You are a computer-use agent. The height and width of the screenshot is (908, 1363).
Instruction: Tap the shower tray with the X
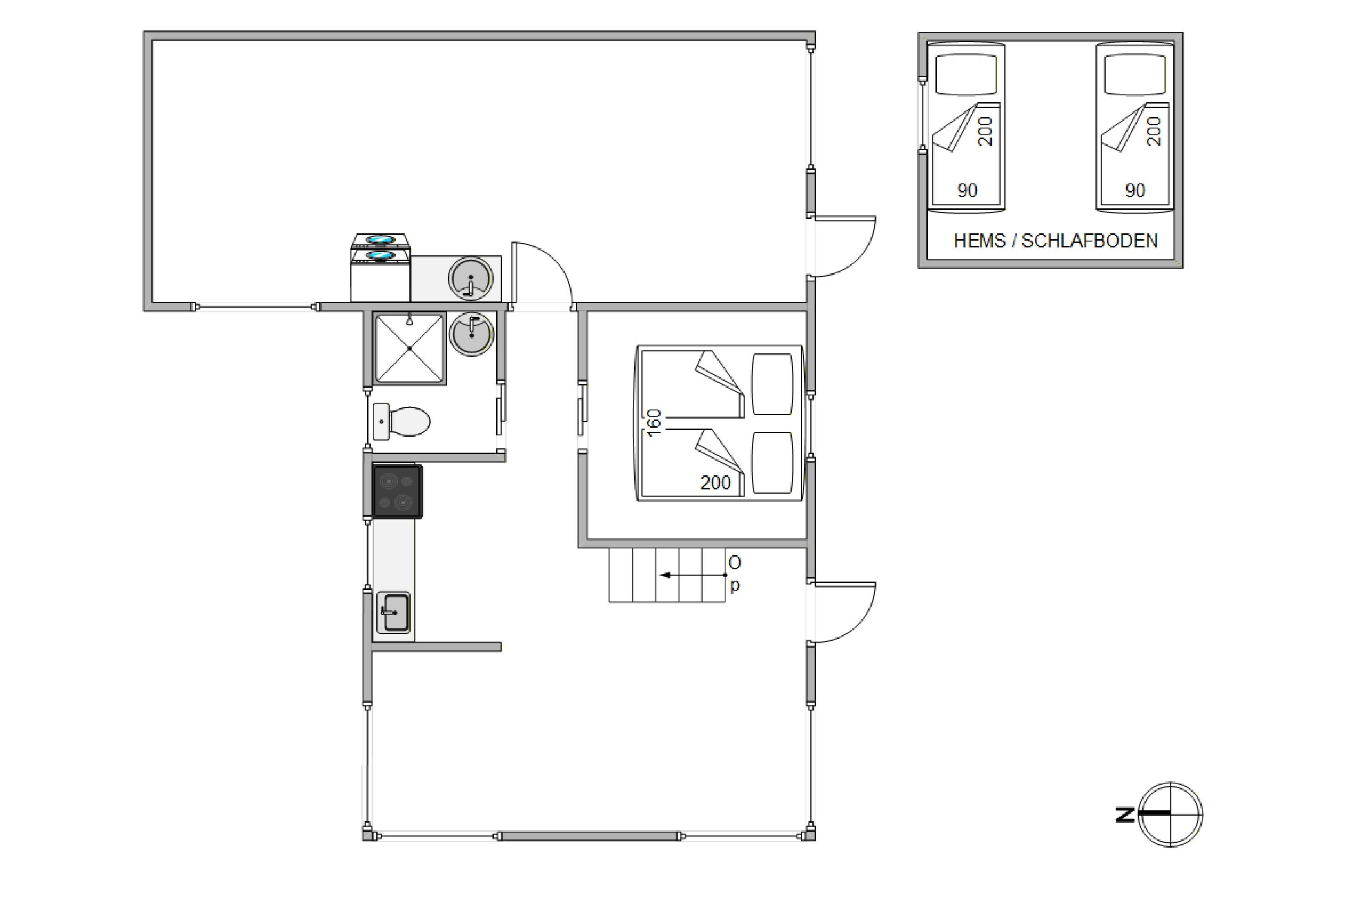[410, 349]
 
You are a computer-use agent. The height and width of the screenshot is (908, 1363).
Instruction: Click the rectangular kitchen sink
[393, 612]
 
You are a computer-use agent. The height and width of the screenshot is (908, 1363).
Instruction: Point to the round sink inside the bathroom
[471, 334]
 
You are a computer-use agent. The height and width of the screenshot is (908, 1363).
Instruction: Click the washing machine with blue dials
[380, 267]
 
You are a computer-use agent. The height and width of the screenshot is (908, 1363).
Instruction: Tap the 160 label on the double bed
[654, 423]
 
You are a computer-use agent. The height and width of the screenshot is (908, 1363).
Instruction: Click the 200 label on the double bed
[715, 482]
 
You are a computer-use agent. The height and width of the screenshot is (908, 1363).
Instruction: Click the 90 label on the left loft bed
[967, 191]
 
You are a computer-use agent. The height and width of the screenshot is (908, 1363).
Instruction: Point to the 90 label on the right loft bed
[1134, 191]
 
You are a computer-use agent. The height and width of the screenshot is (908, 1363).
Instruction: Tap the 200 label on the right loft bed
[1154, 132]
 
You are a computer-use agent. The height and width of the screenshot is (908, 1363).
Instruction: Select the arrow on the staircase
[693, 575]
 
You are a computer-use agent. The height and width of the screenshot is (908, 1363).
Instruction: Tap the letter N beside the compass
[1125, 815]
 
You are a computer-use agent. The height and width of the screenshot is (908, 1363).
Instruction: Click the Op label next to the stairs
[734, 574]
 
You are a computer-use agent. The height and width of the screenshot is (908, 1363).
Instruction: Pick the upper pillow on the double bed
[772, 385]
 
